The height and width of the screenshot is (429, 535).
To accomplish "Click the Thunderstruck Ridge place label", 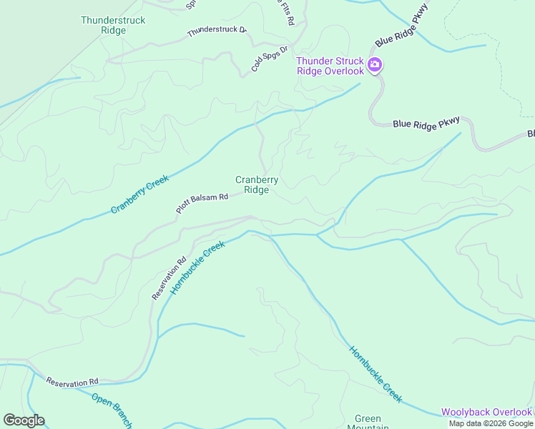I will pyautogui.click(x=113, y=25).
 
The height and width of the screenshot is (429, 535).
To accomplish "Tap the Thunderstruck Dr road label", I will pyautogui.click(x=216, y=32).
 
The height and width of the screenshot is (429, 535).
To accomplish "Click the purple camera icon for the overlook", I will pyautogui.click(x=374, y=66).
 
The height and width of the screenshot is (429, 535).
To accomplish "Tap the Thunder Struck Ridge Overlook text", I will pyautogui.click(x=330, y=66).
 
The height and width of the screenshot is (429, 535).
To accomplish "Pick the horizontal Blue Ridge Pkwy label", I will pyautogui.click(x=426, y=123).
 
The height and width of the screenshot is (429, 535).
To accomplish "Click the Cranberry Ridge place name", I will pyautogui.click(x=257, y=185).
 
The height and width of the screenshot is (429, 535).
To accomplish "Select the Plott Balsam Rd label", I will pyautogui.click(x=202, y=204).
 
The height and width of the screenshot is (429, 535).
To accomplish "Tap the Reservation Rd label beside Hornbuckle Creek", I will pyautogui.click(x=169, y=277).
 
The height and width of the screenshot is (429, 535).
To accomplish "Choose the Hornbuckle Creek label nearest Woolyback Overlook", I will pyautogui.click(x=376, y=374).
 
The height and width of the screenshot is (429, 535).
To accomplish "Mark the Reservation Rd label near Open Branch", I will pyautogui.click(x=72, y=383).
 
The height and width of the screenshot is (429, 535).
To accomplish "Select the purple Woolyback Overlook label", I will pyautogui.click(x=486, y=412).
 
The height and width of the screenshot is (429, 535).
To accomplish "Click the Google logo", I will pyautogui.click(x=24, y=420).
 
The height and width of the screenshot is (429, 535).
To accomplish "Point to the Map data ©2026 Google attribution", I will pyautogui.click(x=491, y=423).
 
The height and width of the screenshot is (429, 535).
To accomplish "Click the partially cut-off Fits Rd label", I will pyautogui.click(x=285, y=13).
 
